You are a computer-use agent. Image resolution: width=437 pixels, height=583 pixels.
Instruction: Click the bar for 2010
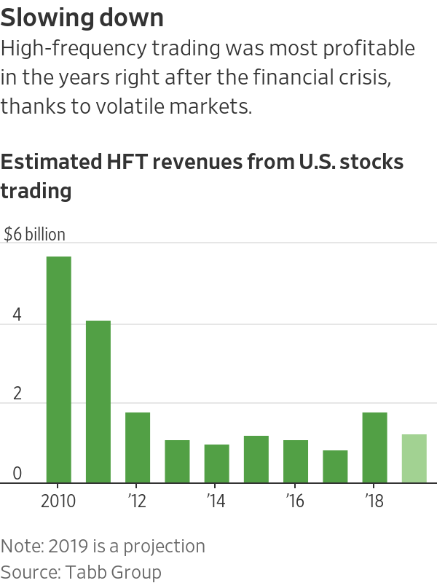pos(59,369)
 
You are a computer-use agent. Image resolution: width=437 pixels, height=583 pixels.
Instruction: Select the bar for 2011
pos(98,402)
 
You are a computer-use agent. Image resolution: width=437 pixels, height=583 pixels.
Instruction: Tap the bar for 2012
pos(138,447)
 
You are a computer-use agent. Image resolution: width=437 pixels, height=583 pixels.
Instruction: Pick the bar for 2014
pos(216,463)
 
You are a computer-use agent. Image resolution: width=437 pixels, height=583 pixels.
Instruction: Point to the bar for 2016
pos(296,461)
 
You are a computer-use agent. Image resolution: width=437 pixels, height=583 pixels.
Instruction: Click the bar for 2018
pos(374,447)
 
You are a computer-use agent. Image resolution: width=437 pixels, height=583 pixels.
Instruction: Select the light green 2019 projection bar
pos(414,458)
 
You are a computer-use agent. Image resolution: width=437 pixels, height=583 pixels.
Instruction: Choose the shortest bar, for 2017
pos(335,466)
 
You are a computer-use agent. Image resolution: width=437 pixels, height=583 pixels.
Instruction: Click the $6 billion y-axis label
pos(34,235)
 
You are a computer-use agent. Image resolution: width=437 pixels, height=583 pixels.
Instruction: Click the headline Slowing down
pos(82,17)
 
